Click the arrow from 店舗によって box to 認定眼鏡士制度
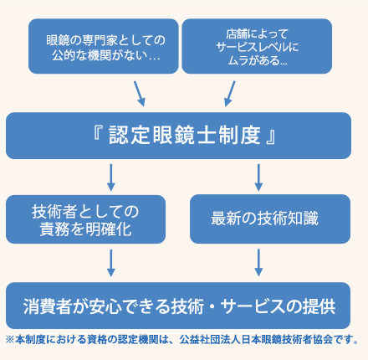(x=229, y=91)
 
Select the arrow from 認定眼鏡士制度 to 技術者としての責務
(x=110, y=177)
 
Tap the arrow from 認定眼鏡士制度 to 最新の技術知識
(x=258, y=177)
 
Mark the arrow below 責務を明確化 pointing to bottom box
(x=110, y=262)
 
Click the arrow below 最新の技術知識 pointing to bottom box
(x=258, y=262)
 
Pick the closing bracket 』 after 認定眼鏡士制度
(x=268, y=135)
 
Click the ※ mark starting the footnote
(x=9, y=340)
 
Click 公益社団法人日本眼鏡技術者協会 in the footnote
(x=264, y=340)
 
